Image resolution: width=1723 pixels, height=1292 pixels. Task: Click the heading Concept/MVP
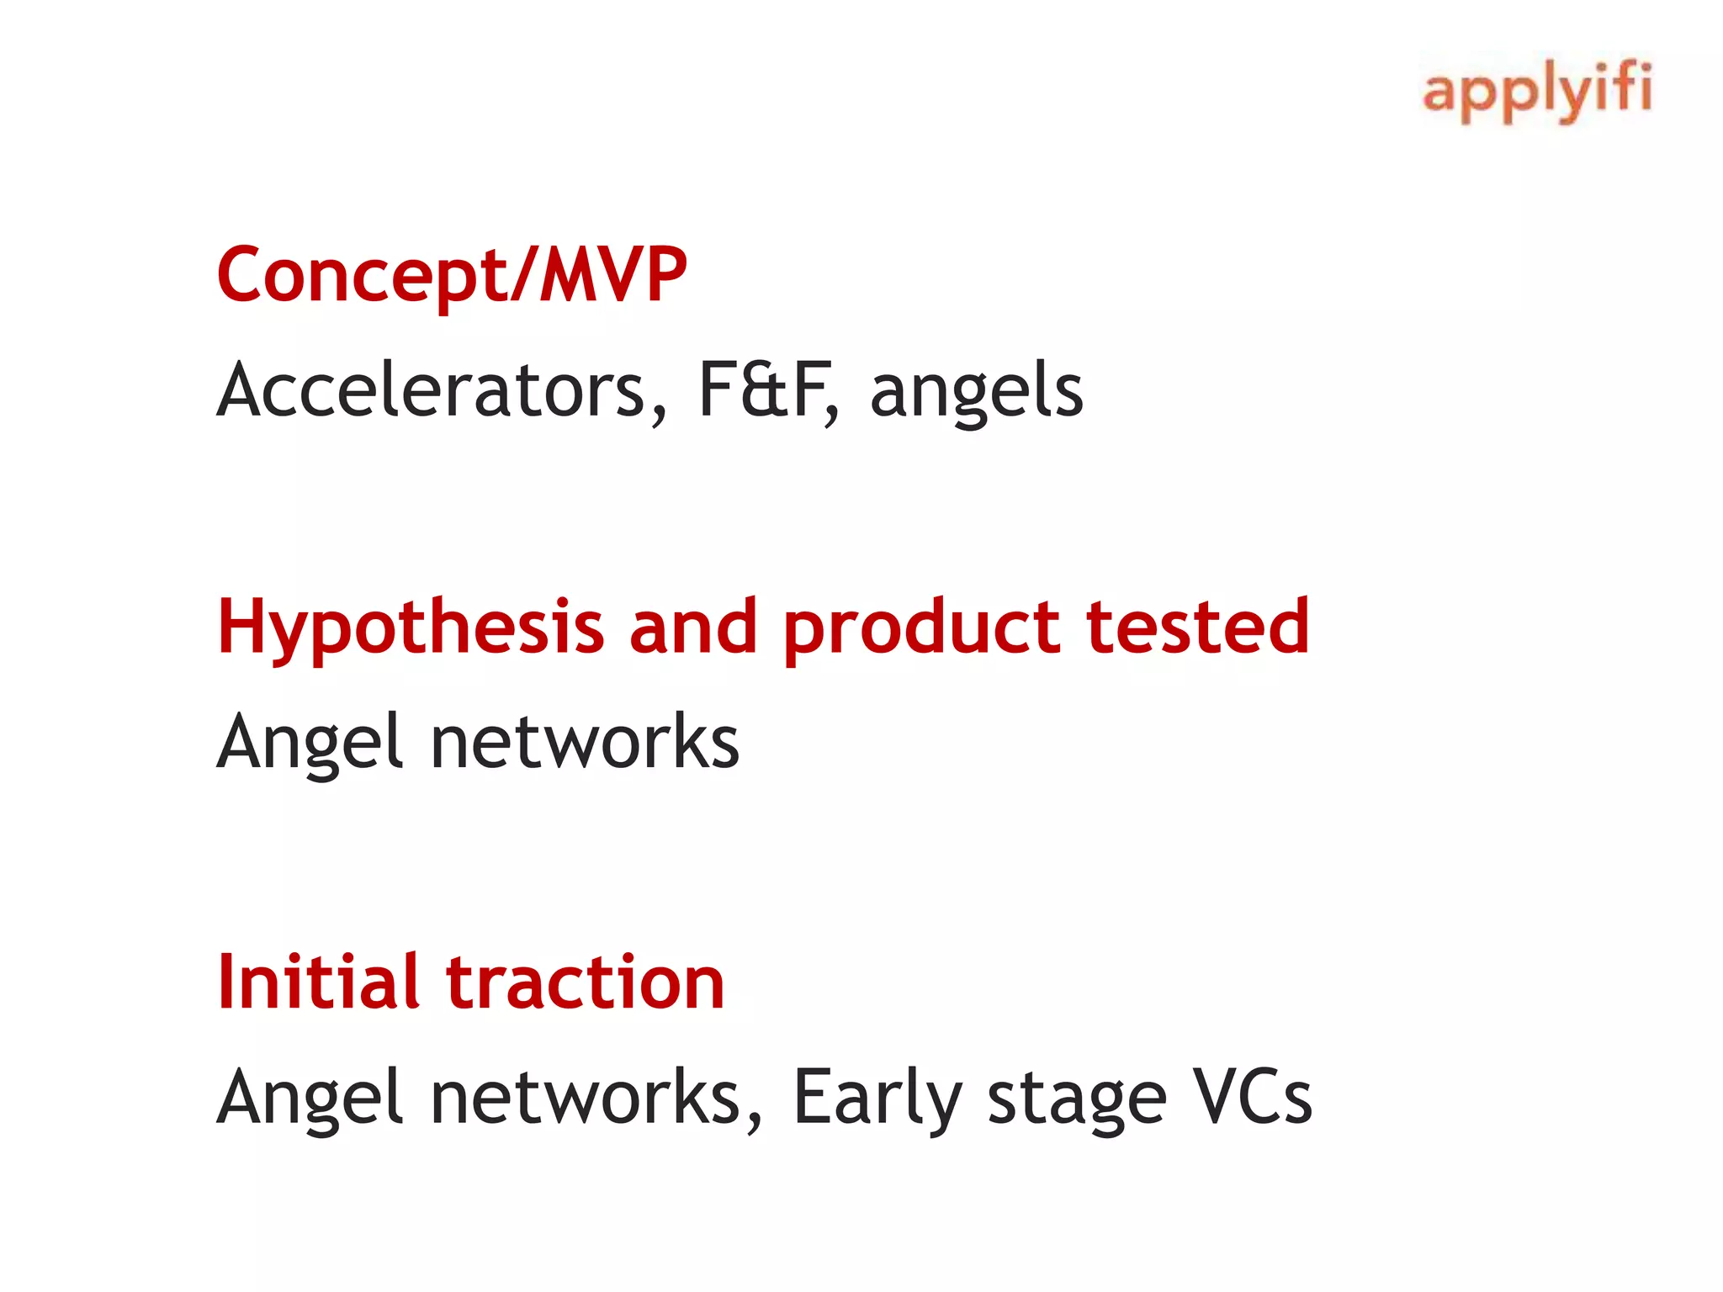[452, 276]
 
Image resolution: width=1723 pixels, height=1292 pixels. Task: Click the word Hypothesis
[411, 628]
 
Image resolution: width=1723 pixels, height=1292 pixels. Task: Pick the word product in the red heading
[920, 628]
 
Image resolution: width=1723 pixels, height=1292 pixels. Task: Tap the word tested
[1197, 627]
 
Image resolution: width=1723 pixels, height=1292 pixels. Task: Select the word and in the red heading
[692, 627]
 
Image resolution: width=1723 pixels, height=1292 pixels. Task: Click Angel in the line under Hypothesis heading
[310, 743]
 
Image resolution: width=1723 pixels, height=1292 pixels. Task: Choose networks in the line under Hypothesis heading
[584, 741]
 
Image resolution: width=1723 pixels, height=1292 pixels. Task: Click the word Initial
[318, 982]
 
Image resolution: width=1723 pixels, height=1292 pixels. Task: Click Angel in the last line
[310, 1098]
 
